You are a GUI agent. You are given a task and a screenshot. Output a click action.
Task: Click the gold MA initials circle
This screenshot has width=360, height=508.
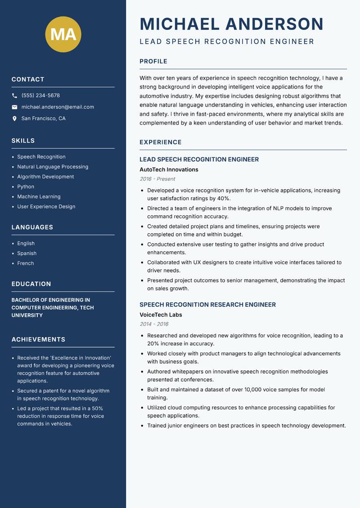(63, 34)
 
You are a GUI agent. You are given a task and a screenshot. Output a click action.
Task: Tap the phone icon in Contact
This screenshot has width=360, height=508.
(14, 96)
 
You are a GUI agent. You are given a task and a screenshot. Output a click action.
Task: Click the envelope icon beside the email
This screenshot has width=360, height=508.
(14, 107)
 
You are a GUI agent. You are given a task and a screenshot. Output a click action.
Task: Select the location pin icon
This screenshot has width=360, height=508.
(14, 119)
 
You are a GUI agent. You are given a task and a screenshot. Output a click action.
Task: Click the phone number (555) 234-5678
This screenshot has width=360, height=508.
(40, 96)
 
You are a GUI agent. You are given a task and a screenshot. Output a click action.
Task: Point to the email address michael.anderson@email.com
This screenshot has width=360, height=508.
(58, 107)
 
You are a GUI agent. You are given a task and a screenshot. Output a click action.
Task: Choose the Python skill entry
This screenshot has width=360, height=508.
(26, 187)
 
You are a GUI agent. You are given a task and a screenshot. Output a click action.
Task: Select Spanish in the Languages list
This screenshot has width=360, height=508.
(27, 254)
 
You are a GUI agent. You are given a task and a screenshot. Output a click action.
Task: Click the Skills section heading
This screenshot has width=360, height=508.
(23, 141)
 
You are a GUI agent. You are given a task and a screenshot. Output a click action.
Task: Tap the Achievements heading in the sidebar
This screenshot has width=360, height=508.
(38, 340)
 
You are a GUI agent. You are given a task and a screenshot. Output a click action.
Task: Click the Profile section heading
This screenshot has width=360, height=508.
(153, 62)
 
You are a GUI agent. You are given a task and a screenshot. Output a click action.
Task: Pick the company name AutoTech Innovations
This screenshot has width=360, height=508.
(169, 170)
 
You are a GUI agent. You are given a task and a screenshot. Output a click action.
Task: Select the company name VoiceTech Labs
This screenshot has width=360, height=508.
(161, 315)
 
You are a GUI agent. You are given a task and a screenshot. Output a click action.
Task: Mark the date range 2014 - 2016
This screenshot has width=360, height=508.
(154, 324)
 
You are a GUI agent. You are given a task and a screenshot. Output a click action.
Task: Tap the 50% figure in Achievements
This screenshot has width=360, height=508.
(97, 409)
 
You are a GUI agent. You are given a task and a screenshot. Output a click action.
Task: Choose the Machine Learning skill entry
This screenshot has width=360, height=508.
(39, 196)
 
